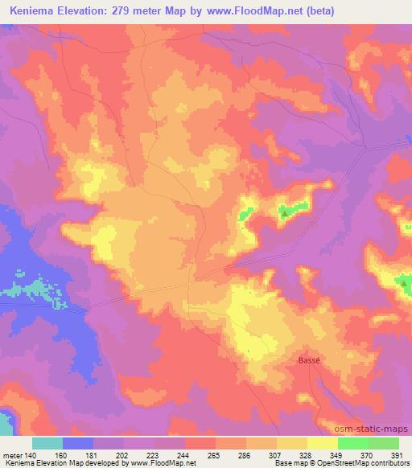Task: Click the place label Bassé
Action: (309, 361)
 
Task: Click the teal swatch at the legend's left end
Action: (47, 443)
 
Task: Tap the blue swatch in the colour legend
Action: (78, 443)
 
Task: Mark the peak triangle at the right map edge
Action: (404, 281)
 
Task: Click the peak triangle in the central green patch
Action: (283, 213)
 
